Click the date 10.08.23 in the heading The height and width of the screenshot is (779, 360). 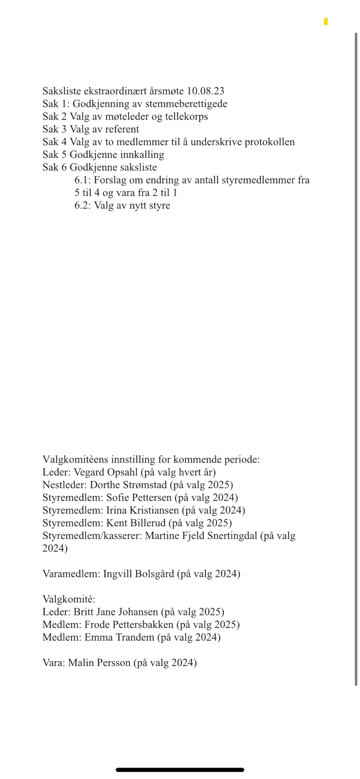pyautogui.click(x=205, y=91)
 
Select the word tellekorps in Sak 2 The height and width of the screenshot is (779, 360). pyautogui.click(x=186, y=117)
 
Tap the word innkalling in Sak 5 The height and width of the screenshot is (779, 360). pyautogui.click(x=142, y=154)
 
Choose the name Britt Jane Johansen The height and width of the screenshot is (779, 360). pyautogui.click(x=116, y=612)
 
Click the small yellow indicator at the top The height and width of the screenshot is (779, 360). pyautogui.click(x=326, y=22)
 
